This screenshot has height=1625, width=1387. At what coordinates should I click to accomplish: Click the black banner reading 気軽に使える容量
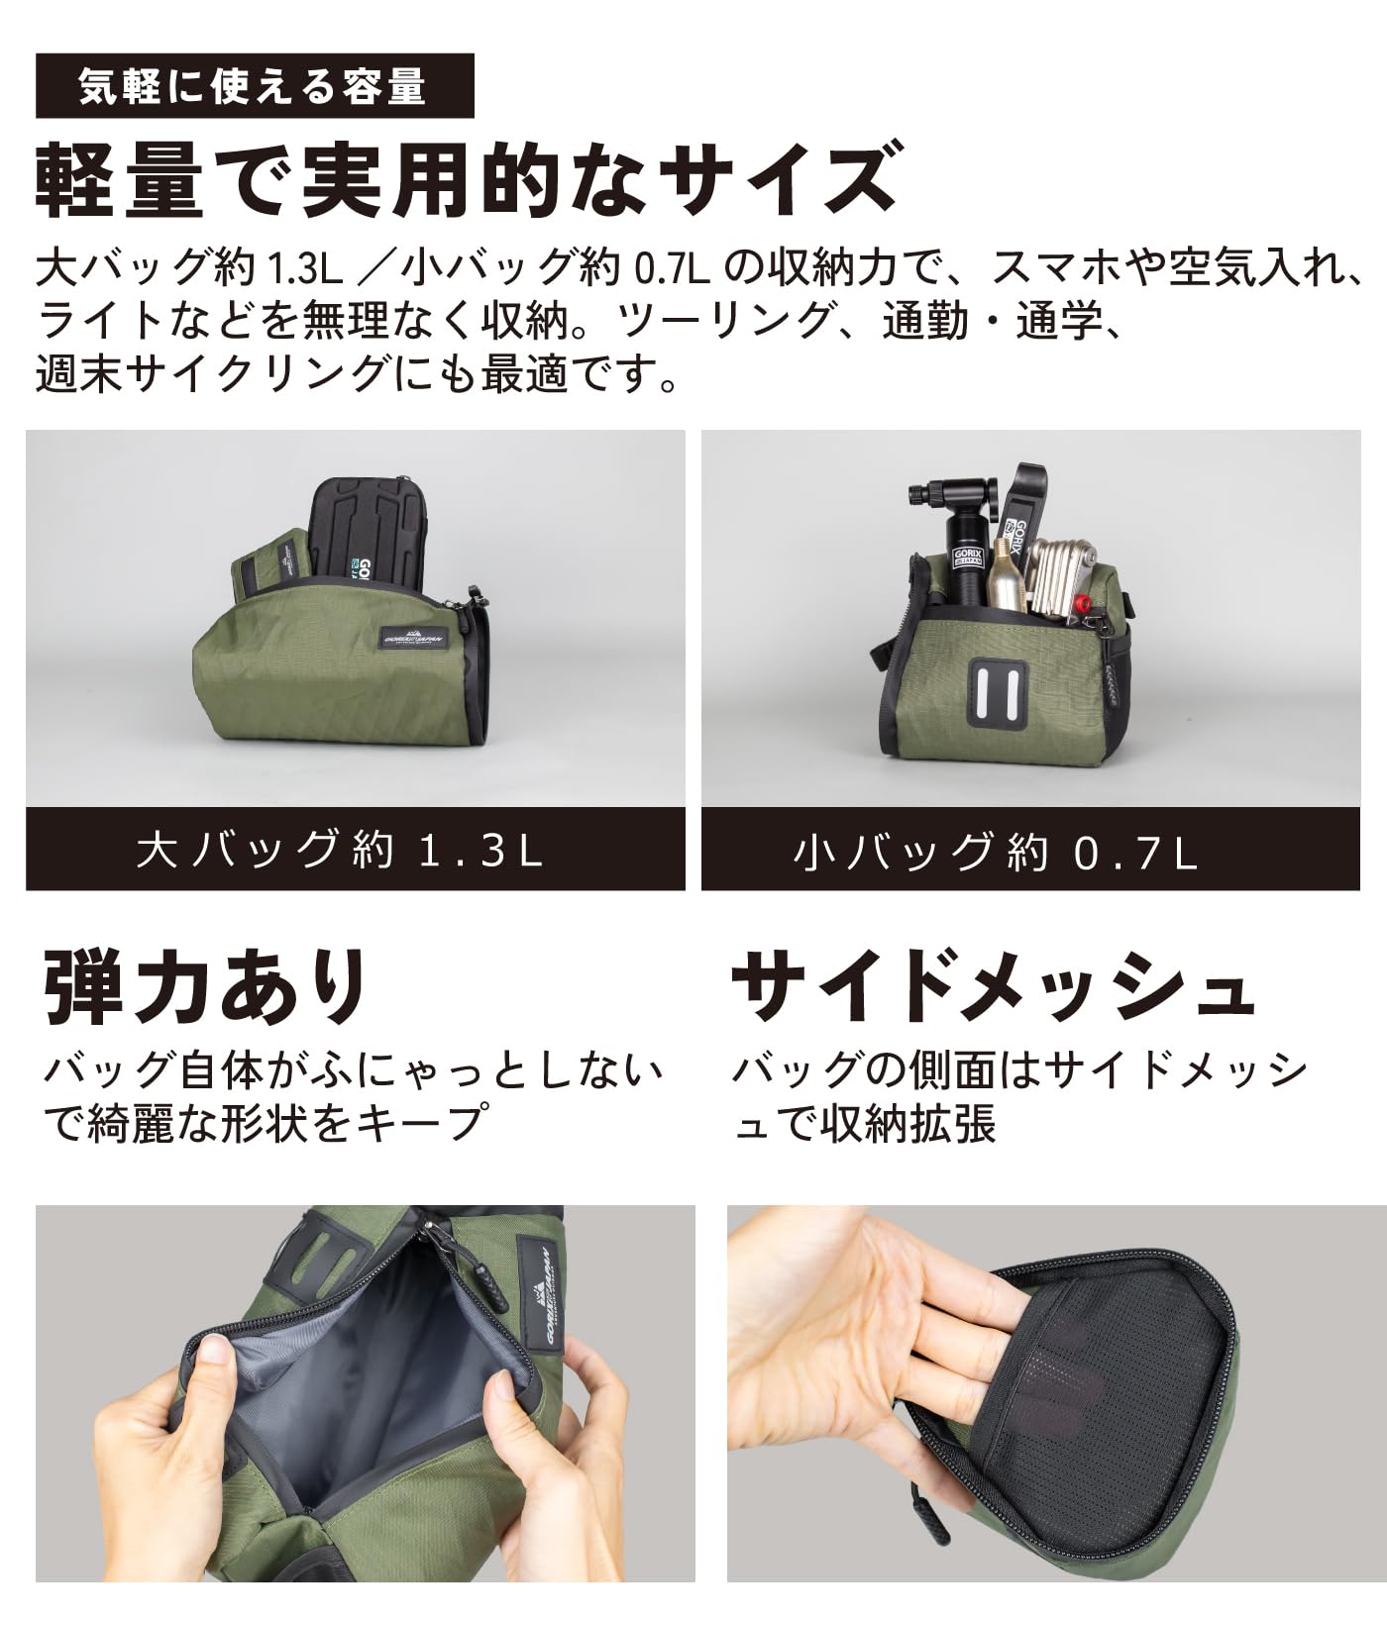click(255, 86)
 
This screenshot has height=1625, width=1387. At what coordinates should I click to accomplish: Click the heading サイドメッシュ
click(992, 986)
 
